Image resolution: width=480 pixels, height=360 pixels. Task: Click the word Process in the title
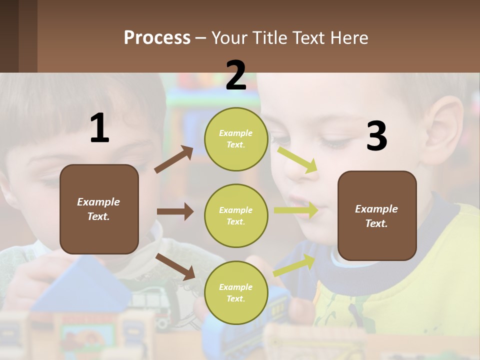tap(157, 37)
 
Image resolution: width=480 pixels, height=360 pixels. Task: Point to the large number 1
tap(99, 128)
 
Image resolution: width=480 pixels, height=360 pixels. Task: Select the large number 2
tap(236, 75)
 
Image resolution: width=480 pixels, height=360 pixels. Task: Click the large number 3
tap(376, 136)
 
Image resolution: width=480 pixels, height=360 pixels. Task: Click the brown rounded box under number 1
tap(99, 209)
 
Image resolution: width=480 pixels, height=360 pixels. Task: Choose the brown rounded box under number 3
tap(377, 215)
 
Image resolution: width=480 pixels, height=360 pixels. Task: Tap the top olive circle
tap(236, 139)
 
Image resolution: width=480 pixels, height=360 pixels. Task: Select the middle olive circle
tap(236, 215)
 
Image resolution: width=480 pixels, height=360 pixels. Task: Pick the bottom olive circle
tap(236, 292)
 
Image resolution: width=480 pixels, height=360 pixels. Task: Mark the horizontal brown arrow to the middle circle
tap(175, 211)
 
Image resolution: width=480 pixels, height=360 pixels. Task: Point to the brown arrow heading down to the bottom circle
tap(175, 266)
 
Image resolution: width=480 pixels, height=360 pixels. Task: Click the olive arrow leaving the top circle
tap(297, 160)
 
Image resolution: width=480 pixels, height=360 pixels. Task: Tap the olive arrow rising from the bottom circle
tap(294, 265)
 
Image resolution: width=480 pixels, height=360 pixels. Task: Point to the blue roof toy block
tap(80, 285)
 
